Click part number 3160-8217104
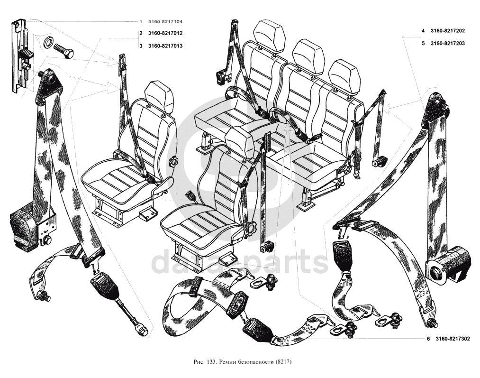click(165, 22)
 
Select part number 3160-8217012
click(165, 33)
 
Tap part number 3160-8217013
click(165, 46)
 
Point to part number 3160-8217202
click(448, 31)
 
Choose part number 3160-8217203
click(448, 44)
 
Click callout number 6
click(428, 339)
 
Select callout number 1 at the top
click(141, 22)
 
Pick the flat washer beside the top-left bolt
click(48, 42)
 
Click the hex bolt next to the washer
click(63, 51)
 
